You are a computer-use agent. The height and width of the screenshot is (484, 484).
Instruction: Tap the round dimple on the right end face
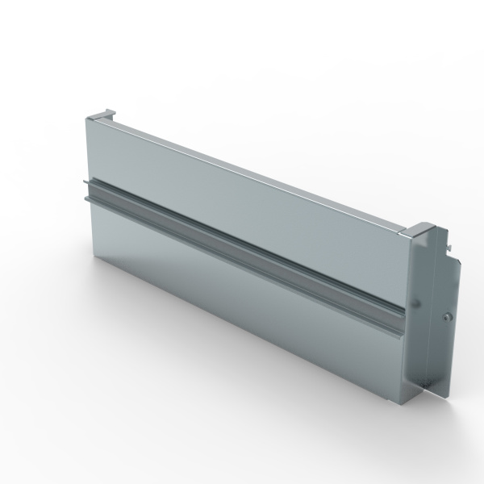(418, 303)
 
